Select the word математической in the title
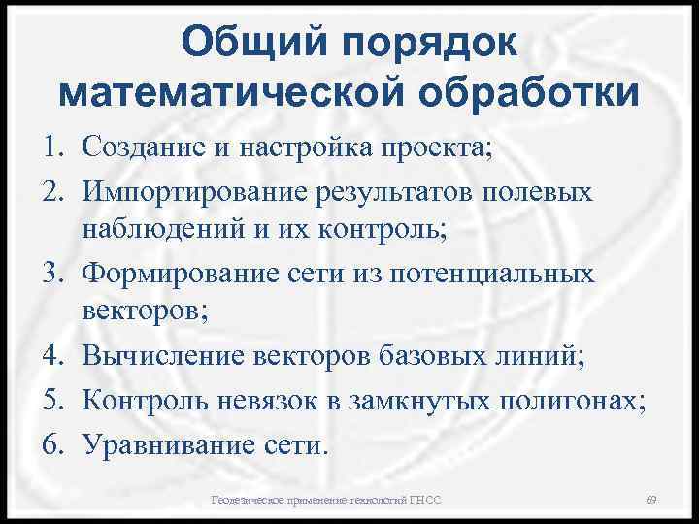click(228, 95)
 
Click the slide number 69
click(651, 499)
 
